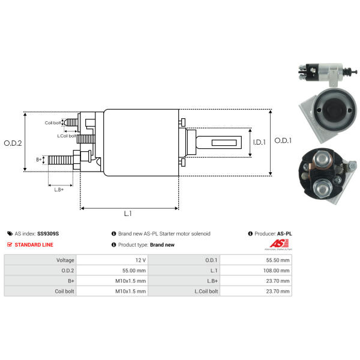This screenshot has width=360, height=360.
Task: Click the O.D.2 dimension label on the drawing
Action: [13, 143]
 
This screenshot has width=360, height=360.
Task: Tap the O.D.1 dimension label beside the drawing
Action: [283, 140]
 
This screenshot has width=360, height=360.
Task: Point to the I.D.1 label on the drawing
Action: [259, 142]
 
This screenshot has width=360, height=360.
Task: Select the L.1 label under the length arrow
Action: [128, 214]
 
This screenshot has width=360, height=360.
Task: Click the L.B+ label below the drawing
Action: [59, 190]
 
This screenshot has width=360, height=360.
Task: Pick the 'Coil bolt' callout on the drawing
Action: [53, 123]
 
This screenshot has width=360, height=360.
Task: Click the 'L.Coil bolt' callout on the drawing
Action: [67, 136]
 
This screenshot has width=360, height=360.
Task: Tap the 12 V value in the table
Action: [140, 260]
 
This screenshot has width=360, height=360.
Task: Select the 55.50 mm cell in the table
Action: [278, 260]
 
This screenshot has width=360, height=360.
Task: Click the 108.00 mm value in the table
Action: [276, 271]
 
